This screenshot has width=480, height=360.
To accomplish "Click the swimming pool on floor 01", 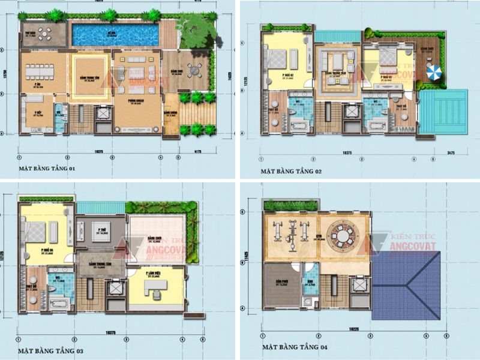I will click(x=116, y=34).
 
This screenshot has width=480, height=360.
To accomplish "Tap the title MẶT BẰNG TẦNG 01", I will click(x=47, y=169).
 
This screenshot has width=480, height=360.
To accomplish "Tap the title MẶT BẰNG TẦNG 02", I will click(x=291, y=171).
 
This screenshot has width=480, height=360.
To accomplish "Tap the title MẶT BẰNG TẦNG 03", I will click(x=47, y=349).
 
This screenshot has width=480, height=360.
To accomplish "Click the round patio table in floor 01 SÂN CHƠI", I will click(x=193, y=71).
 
